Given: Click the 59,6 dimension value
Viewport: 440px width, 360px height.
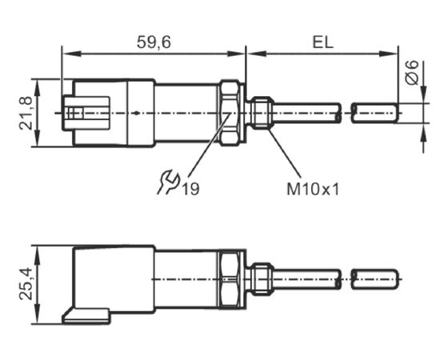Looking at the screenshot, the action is (x=154, y=42).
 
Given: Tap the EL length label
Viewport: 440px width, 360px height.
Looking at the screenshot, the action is (x=322, y=42).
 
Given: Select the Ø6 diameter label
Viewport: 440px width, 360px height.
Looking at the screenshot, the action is (x=412, y=72).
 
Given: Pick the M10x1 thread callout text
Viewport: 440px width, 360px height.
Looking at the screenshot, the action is (x=313, y=189).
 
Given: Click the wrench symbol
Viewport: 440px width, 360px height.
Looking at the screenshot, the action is (x=168, y=182).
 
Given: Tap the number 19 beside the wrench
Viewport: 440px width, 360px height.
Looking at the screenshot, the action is (x=191, y=189).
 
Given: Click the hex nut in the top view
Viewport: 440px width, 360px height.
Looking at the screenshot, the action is (x=230, y=113).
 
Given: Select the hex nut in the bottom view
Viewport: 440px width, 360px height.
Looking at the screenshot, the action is (x=230, y=279).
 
